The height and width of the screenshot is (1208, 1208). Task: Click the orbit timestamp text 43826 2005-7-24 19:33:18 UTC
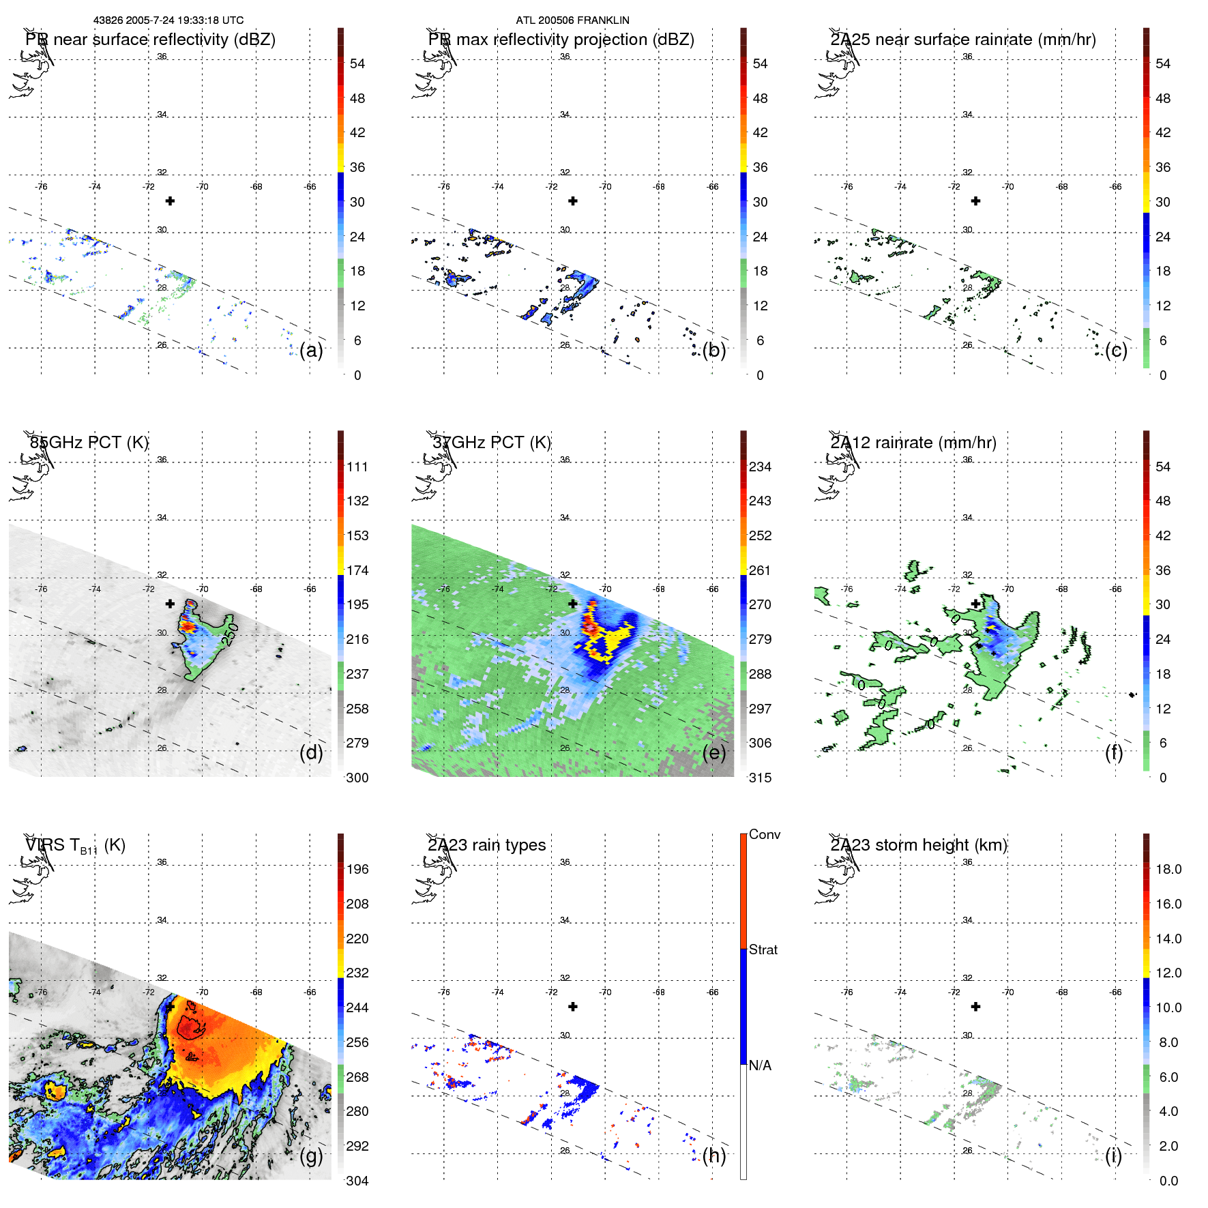point(168,20)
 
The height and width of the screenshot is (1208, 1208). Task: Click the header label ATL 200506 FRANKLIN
point(572,20)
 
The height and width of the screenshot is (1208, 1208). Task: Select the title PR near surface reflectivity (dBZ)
point(150,40)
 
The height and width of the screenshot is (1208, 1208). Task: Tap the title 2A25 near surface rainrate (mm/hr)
point(962,40)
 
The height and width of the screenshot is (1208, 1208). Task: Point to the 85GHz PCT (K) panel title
point(89,443)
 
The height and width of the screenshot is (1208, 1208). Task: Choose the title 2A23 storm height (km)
point(918,845)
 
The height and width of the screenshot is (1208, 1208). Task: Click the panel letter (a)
point(311,351)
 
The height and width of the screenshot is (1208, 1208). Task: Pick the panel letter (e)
point(714,753)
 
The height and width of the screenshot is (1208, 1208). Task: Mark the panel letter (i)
point(1113,1155)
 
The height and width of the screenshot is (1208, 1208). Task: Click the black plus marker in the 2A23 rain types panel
point(573,1007)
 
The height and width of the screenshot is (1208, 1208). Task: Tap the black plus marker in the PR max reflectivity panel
point(573,201)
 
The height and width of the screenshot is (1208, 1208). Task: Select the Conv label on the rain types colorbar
point(764,835)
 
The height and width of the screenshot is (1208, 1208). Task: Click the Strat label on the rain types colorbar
point(763,950)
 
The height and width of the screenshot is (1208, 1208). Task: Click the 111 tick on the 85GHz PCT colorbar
point(357,467)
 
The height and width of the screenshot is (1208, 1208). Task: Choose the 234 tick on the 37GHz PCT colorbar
point(760,467)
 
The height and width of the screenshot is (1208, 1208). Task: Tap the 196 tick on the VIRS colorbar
point(357,870)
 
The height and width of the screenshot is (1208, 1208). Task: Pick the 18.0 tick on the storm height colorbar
point(1168,870)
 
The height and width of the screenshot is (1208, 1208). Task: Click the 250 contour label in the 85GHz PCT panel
point(231,634)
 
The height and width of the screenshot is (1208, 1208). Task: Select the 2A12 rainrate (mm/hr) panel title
point(913,443)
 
